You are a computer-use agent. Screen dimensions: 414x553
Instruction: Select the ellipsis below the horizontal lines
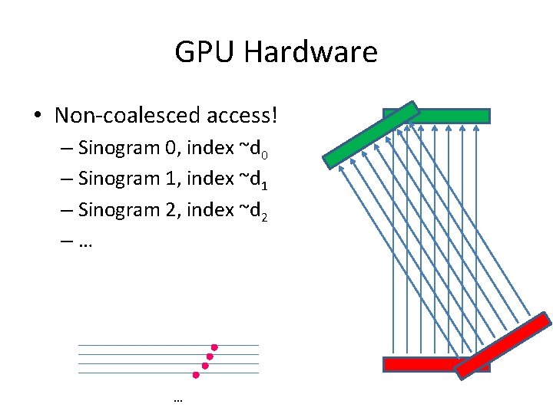click(178, 400)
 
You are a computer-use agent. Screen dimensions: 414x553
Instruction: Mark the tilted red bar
click(502, 345)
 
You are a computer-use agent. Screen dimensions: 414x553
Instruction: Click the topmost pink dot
click(215, 347)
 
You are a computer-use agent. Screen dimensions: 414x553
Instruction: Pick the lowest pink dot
click(196, 376)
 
